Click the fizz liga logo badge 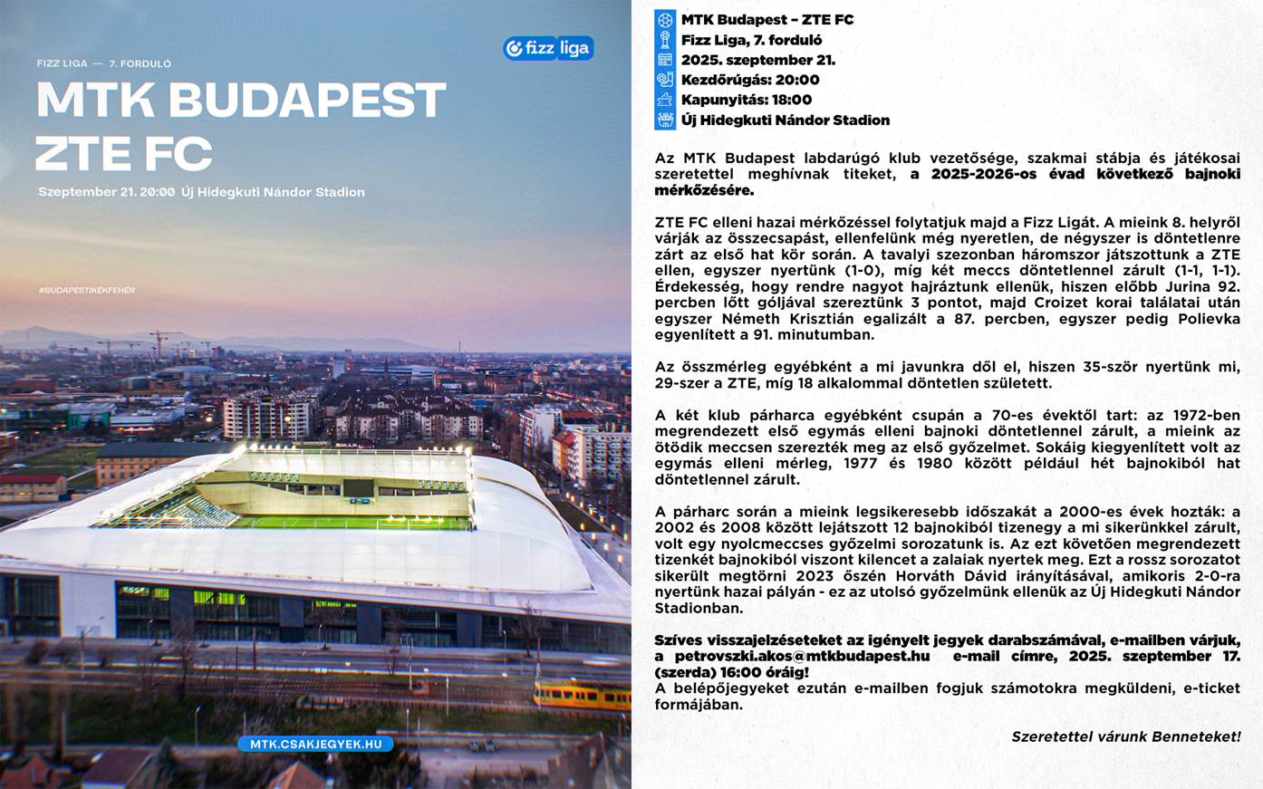pyautogui.click(x=548, y=48)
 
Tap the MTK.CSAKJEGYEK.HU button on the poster pyautogui.click(x=315, y=744)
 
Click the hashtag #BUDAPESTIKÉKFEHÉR pyautogui.click(x=87, y=290)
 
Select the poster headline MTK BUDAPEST pyautogui.click(x=241, y=100)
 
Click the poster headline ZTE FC pyautogui.click(x=124, y=154)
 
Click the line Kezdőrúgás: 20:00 pyautogui.click(x=750, y=80)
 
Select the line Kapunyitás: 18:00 pyautogui.click(x=747, y=100)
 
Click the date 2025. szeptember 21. pyautogui.click(x=758, y=60)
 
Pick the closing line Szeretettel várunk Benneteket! pyautogui.click(x=1125, y=737)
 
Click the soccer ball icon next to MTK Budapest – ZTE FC pyautogui.click(x=665, y=20)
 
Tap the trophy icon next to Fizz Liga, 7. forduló pyautogui.click(x=665, y=40)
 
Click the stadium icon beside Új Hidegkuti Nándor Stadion pyautogui.click(x=665, y=120)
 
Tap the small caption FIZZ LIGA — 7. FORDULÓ pyautogui.click(x=104, y=63)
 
